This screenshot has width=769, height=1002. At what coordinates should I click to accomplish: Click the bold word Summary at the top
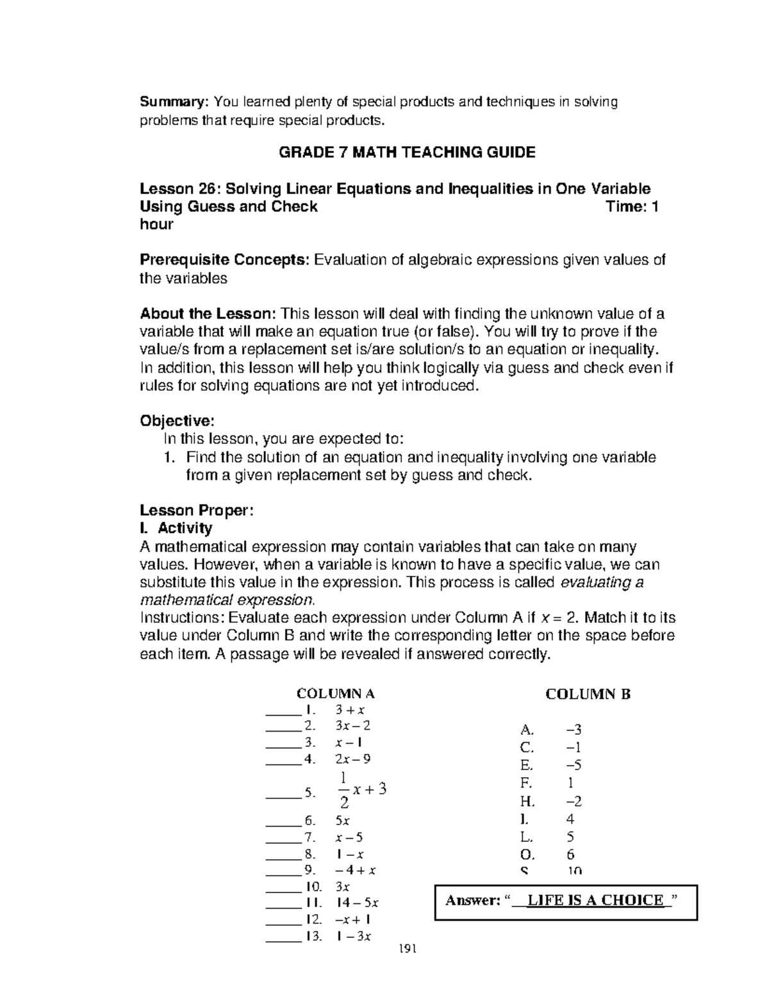tap(174, 102)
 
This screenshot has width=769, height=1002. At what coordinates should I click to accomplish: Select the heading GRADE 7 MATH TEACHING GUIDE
tap(407, 152)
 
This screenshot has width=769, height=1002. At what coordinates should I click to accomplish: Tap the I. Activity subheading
tap(176, 528)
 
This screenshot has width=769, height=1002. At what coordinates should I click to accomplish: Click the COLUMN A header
tap(335, 694)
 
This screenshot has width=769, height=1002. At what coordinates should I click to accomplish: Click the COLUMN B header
tap(588, 694)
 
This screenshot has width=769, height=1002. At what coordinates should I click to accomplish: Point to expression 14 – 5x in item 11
tap(357, 903)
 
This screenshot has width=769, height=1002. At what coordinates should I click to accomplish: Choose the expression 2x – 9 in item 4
tap(352, 759)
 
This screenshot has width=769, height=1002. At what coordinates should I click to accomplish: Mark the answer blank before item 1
tap(283, 711)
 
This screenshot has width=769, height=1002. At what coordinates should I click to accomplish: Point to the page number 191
tap(407, 949)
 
